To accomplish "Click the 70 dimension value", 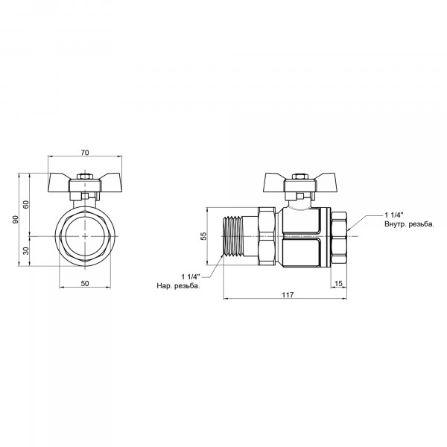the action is point(85,153).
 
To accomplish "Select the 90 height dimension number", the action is point(16,219).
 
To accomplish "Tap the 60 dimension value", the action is point(26,204).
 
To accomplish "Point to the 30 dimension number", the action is point(26,251).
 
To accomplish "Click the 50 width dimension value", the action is point(85,283).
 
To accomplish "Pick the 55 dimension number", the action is point(204,236).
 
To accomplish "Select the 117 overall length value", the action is point(288,295).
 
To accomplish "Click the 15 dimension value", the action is point(338,284).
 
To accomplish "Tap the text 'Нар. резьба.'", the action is point(179,285).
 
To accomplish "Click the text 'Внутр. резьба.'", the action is point(409,224).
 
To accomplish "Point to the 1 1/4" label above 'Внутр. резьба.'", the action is point(394,215).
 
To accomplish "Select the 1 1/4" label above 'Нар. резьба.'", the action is point(191,277).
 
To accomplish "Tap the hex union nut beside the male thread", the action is point(267,237).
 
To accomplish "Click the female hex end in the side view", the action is point(339,237).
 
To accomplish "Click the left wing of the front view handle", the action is point(59,179).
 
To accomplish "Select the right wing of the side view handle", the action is point(324,179).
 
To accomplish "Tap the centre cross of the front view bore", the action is point(85,236).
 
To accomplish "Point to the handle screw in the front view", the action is point(85,177).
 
